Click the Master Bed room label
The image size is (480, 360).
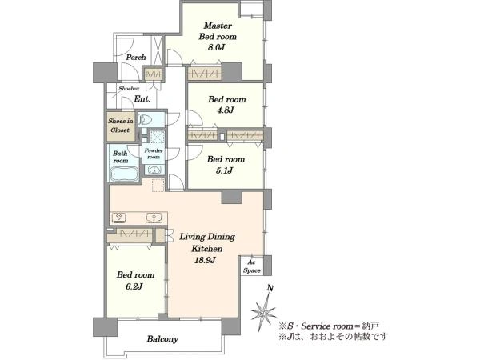pos(218,31)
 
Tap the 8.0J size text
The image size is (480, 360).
pos(217,47)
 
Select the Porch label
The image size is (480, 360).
pos(136,58)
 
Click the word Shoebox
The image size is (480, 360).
pos(129,89)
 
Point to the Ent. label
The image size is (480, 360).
pos(142,99)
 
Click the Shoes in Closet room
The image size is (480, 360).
pos(121,126)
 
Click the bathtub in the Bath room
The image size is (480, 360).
pos(124,174)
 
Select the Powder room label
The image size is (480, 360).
pos(154,154)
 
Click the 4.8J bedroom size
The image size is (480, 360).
pos(226,110)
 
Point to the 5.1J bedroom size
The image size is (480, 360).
pos(224,170)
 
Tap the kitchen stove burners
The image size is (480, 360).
pos(119,218)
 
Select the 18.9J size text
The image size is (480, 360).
pos(205,260)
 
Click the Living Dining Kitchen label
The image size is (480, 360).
pos(207,242)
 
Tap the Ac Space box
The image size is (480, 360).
pos(252,266)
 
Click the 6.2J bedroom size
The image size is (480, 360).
pos(134,286)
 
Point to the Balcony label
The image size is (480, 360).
pos(162,339)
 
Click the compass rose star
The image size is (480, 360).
pos(263,313)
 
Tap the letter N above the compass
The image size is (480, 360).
pos(270,288)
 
